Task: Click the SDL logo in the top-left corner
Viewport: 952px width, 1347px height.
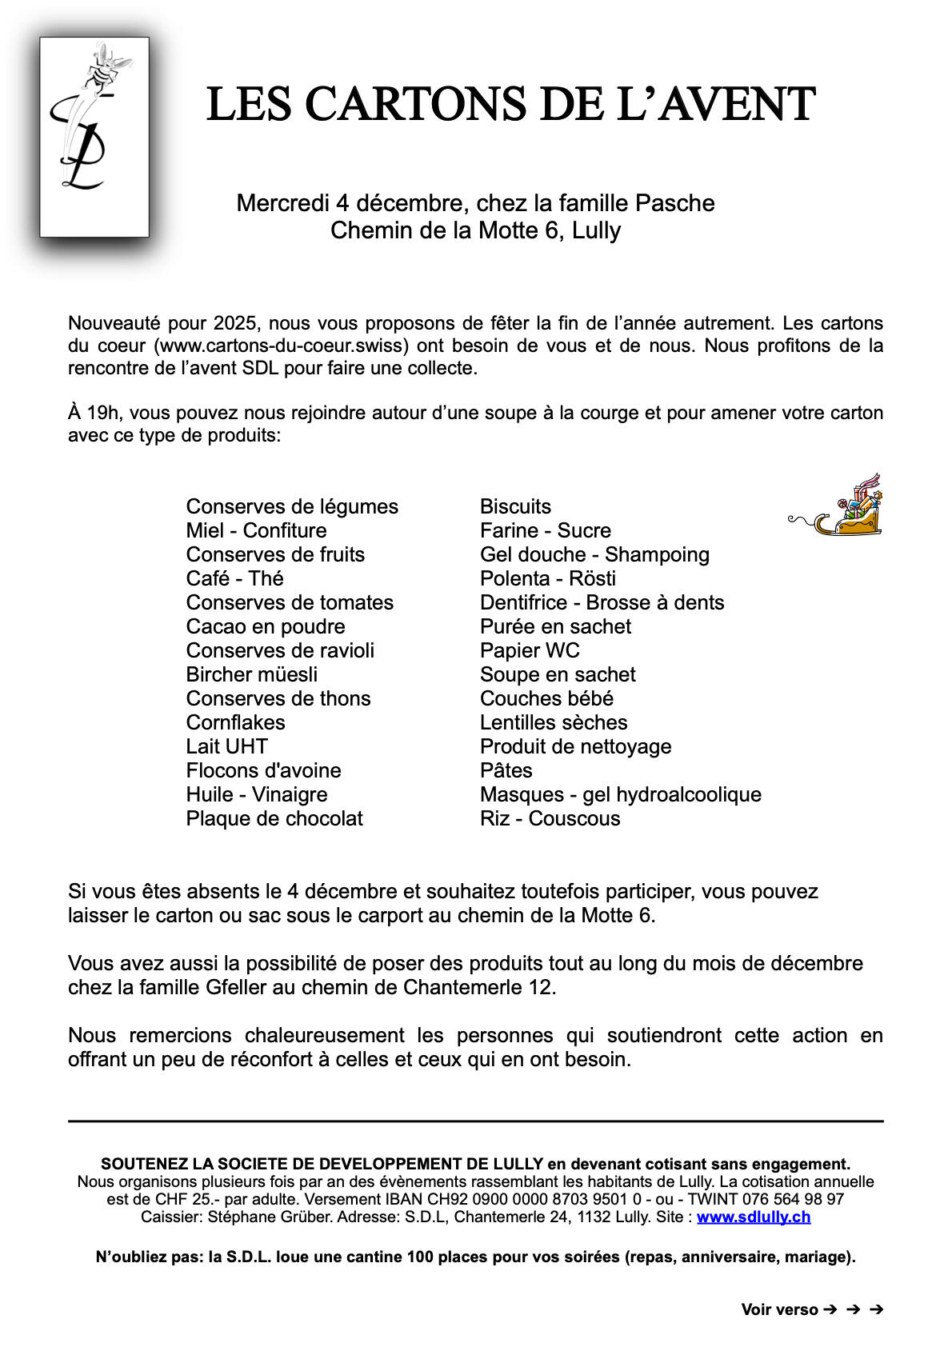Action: tap(94, 137)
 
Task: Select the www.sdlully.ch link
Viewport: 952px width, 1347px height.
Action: tap(753, 1217)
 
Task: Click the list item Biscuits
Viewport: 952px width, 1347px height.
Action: tap(515, 506)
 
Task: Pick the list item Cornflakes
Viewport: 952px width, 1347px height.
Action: tap(235, 722)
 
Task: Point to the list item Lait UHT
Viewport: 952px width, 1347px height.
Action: tap(226, 746)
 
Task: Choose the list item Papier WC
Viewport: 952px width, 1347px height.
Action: tap(530, 650)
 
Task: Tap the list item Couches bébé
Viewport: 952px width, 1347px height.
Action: tap(546, 698)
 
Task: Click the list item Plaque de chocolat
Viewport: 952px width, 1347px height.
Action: tap(274, 818)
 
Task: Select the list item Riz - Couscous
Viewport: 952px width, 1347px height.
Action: tap(550, 818)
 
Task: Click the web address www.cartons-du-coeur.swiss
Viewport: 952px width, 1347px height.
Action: tap(283, 346)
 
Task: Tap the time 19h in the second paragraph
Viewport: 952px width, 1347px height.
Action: tap(102, 413)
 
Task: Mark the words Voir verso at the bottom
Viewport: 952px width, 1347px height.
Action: tap(779, 1309)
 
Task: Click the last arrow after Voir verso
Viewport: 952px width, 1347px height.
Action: tap(876, 1309)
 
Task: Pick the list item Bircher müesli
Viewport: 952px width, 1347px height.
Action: tap(251, 674)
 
